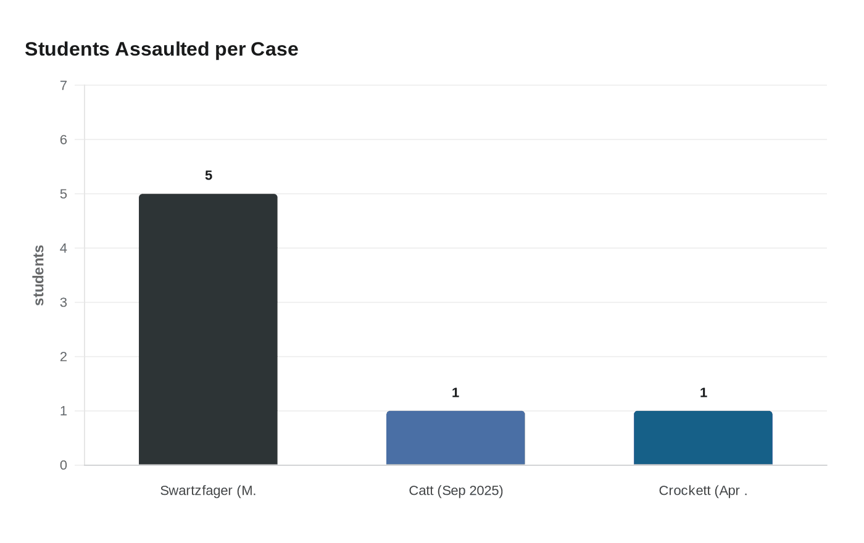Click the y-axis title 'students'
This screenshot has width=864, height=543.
(x=38, y=275)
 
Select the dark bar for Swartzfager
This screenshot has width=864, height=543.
(x=208, y=330)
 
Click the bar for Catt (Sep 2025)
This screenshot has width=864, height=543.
(x=455, y=438)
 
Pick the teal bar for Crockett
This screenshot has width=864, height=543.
(x=703, y=438)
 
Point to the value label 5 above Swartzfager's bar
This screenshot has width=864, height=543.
(x=209, y=176)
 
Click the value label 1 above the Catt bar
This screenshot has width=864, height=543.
(x=455, y=393)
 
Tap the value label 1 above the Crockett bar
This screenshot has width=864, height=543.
(x=704, y=393)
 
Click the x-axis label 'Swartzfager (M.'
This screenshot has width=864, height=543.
(x=208, y=491)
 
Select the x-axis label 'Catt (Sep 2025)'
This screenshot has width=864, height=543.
(x=456, y=491)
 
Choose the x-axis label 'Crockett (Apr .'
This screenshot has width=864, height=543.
(x=703, y=491)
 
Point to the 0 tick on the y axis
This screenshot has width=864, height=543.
(x=64, y=465)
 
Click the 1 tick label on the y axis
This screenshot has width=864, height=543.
(x=64, y=411)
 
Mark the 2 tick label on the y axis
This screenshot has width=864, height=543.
(x=64, y=357)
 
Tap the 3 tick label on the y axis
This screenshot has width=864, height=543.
(x=64, y=302)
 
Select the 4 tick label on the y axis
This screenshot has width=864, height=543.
(x=64, y=248)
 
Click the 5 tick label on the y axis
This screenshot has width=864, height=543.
(x=64, y=194)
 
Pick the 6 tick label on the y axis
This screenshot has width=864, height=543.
(x=64, y=139)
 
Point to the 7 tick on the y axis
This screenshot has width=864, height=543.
(x=64, y=86)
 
